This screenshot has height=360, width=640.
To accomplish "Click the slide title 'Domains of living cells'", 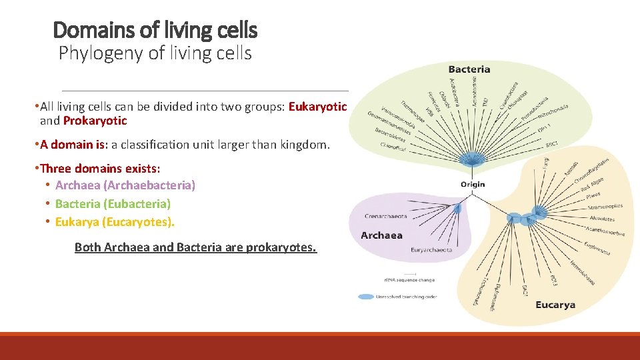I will point(155,30).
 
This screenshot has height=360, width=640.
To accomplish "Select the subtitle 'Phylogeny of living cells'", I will point(155,53).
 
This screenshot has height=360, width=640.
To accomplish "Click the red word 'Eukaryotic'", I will point(317,107).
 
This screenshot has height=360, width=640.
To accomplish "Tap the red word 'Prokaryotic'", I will point(95,121).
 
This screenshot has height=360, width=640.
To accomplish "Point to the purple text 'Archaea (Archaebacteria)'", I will point(125,185).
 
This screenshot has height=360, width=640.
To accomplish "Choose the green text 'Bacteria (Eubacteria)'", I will point(113,203).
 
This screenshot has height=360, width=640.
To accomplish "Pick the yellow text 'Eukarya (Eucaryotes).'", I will point(115,221).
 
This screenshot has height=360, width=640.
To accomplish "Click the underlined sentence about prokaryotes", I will point(195,247).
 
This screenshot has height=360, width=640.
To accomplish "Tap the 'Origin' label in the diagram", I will point(473,184).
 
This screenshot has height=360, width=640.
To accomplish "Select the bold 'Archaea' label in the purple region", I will point(381,235).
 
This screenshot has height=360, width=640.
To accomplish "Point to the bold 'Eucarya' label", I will point(555,305).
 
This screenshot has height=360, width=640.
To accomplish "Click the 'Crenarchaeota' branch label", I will point(387,216).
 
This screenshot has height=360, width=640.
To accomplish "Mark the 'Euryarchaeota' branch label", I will point(433,250).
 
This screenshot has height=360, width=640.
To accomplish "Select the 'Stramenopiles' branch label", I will point(605,207).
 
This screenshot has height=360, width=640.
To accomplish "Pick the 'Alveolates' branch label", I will point(602,218).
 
